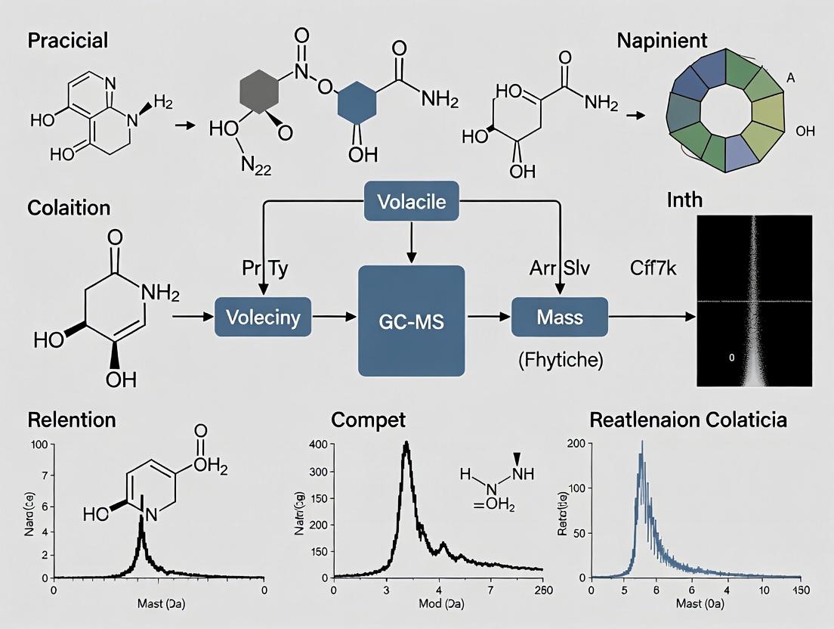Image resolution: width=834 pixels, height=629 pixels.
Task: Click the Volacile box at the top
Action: tap(411, 202)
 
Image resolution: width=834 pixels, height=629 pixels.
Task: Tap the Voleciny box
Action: tap(264, 317)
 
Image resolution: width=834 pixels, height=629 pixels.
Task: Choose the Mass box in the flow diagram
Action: tap(560, 316)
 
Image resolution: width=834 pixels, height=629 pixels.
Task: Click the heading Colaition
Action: tap(69, 207)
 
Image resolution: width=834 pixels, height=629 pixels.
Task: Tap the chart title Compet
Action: tap(368, 420)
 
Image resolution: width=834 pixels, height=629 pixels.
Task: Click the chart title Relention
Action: tap(72, 420)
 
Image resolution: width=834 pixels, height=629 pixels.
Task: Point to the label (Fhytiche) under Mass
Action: tap(561, 361)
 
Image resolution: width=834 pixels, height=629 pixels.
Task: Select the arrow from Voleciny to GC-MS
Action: tap(335, 317)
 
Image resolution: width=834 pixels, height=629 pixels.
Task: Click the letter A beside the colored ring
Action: tap(790, 76)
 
